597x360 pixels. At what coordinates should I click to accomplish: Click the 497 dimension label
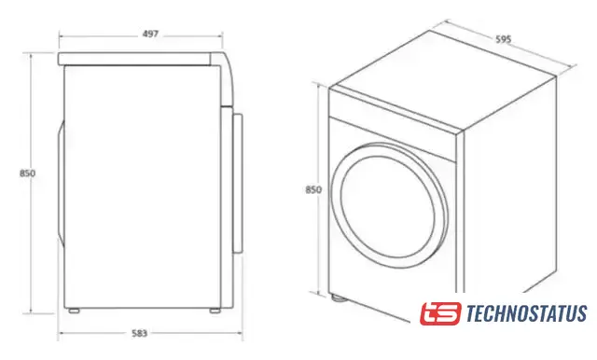point(150,34)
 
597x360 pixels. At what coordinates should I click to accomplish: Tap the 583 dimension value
point(139,333)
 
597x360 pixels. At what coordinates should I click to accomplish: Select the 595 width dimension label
point(504,39)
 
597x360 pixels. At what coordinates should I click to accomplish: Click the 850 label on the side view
point(27,173)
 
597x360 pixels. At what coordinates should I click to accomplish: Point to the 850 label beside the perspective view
point(313,189)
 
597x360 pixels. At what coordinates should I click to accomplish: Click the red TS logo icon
point(440,313)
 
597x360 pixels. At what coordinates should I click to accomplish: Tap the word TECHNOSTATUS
point(526,313)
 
